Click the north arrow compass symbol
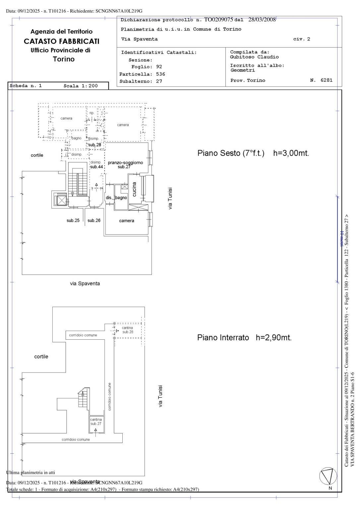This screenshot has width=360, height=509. click(328, 476)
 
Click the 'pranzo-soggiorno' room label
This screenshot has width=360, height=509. click(125, 163)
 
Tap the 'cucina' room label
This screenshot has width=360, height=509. click(134, 189)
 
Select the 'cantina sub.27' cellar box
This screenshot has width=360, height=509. click(96, 422)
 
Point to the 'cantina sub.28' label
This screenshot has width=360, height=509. click(128, 330)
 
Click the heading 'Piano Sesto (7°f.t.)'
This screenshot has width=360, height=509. click(231, 153)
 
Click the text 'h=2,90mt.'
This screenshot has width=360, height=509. click(273, 338)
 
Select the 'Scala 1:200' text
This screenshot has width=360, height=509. click(81, 86)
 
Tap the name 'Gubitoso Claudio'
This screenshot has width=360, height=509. click(254, 57)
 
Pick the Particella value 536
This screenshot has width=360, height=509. click(160, 74)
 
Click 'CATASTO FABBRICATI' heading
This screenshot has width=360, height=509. click(62, 41)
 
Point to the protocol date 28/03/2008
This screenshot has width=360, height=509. click(262, 20)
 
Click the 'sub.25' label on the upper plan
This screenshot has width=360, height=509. click(73, 220)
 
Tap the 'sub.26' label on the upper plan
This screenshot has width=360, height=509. click(94, 220)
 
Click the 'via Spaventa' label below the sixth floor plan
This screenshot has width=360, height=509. click(85, 284)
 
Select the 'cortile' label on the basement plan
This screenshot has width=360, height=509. click(41, 357)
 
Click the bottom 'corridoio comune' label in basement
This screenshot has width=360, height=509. click(76, 440)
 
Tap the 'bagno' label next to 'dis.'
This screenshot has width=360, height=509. click(121, 198)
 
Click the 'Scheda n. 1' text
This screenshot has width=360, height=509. click(26, 86)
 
